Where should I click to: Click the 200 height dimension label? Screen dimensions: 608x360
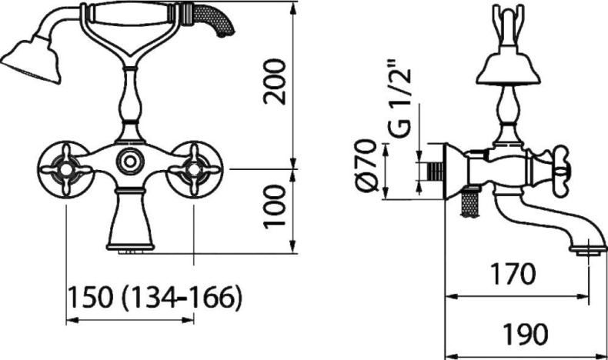click(x=274, y=82)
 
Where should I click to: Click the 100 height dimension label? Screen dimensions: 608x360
click(x=274, y=207)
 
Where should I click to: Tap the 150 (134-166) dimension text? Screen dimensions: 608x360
click(x=155, y=298)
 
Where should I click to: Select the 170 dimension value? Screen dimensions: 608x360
click(x=513, y=274)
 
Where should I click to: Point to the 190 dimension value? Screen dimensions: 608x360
click(x=525, y=334)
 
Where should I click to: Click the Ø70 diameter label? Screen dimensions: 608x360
click(x=366, y=165)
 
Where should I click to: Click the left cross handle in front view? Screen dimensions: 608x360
click(x=66, y=169)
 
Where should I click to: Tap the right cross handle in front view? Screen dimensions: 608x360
click(x=194, y=169)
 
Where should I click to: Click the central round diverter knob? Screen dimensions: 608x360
click(x=131, y=161)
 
